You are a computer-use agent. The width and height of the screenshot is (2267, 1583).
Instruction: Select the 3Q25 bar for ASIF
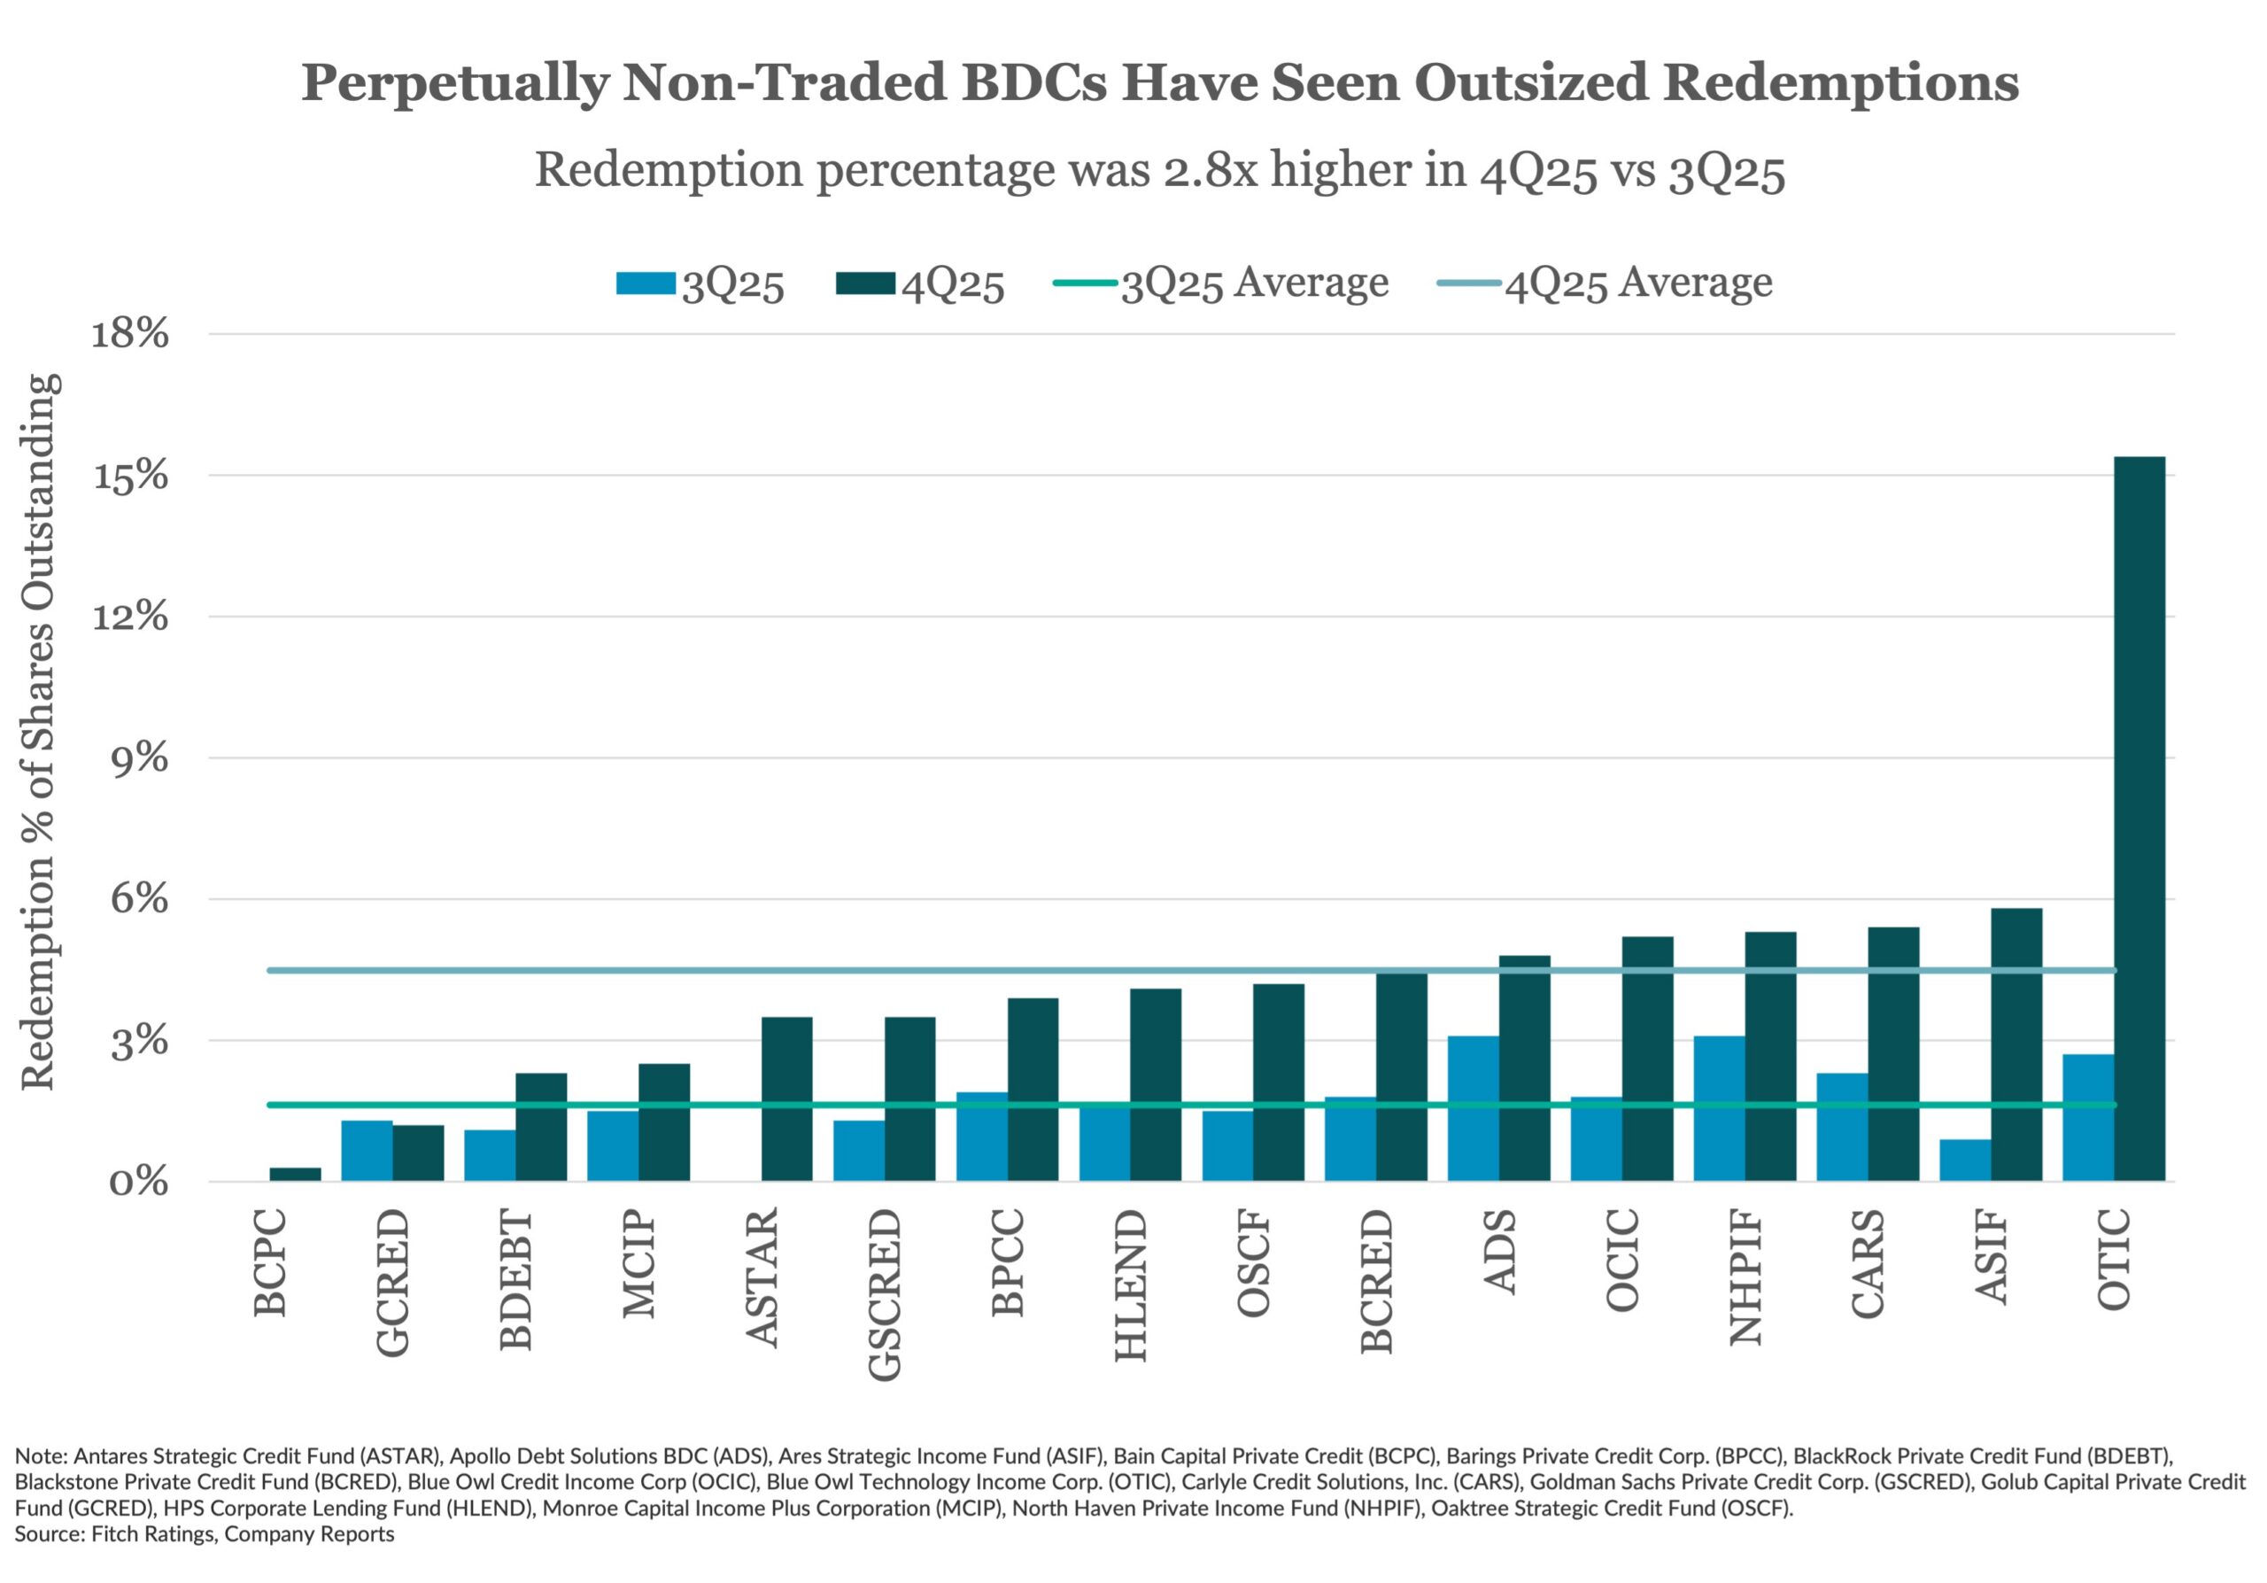click(1965, 1160)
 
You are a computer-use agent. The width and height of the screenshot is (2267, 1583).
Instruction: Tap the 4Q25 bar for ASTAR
click(787, 1098)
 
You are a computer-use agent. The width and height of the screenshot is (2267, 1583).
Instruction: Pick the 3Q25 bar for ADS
click(1474, 1108)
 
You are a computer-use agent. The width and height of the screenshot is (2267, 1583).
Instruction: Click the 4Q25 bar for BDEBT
click(541, 1126)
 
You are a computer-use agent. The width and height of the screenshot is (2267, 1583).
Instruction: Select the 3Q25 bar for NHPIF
click(1719, 1108)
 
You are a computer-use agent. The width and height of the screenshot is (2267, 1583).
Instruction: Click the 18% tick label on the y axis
click(130, 334)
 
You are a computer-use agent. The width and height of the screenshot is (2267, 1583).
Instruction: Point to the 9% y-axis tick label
click(139, 758)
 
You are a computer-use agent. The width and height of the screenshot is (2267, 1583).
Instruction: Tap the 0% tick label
click(139, 1181)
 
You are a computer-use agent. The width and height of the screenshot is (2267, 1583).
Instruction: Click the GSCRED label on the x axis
click(885, 1293)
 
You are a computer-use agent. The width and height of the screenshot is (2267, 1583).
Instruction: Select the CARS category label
click(1867, 1263)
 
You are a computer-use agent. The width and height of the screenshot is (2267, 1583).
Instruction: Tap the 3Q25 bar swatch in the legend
click(646, 283)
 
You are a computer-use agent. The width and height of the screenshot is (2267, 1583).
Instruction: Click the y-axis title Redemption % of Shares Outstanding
click(40, 731)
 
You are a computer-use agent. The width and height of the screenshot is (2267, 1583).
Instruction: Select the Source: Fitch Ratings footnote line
click(205, 1533)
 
